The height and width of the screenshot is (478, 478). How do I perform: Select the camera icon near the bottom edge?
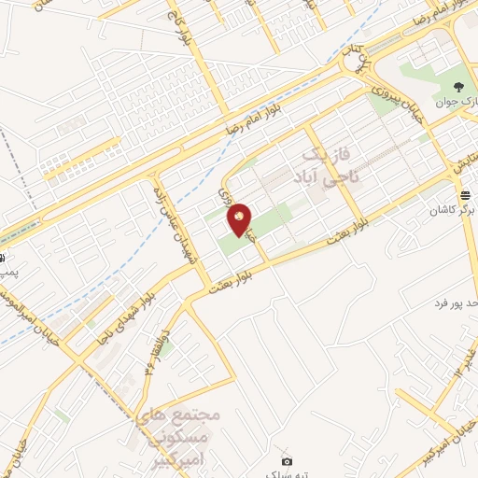[287, 460]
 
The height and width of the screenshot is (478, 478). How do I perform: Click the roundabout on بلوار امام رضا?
[354, 64]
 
